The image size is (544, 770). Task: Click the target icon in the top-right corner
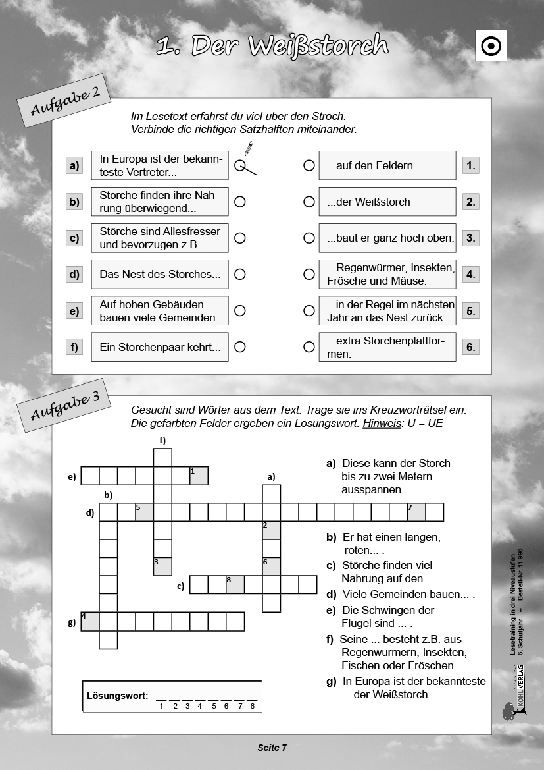491,46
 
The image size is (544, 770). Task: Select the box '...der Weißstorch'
387,202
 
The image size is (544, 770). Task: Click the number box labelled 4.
470,274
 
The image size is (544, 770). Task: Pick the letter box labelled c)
74,238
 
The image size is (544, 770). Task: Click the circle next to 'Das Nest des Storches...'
240,274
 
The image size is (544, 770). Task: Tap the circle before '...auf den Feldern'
309,165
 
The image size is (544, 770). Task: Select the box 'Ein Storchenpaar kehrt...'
160,346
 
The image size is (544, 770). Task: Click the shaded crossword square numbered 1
199,476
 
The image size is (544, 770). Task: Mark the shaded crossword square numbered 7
416,512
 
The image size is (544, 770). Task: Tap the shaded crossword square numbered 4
90,621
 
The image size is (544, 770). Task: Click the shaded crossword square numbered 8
235,584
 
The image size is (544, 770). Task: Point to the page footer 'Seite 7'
272,747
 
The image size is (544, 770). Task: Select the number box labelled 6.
470,346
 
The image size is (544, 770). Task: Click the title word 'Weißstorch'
320,45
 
